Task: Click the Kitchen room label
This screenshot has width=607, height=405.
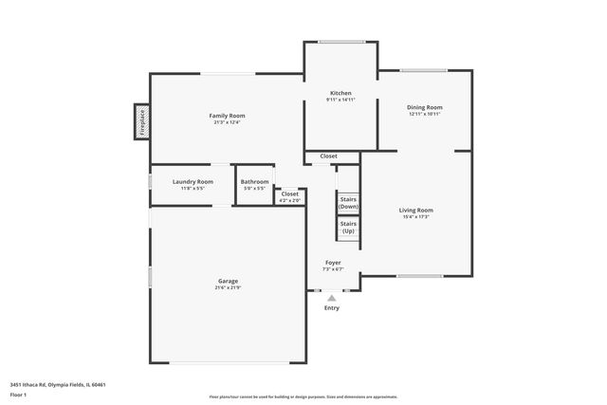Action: (x=340, y=93)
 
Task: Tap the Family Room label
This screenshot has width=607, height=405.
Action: (x=227, y=116)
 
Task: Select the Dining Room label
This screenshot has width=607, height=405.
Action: (x=425, y=107)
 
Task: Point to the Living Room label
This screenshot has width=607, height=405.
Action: (x=415, y=210)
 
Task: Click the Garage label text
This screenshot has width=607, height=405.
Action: (x=228, y=281)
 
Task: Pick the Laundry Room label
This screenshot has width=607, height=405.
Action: (x=193, y=181)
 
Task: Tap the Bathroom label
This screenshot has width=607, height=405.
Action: (x=254, y=181)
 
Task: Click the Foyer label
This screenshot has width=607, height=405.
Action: (x=333, y=262)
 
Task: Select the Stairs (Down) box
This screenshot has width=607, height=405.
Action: (x=348, y=203)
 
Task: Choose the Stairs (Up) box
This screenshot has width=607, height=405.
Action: (x=348, y=228)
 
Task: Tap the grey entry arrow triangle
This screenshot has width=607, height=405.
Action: (x=332, y=298)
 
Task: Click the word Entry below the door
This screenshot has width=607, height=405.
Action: (x=332, y=308)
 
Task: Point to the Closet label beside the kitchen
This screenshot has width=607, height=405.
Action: (x=328, y=156)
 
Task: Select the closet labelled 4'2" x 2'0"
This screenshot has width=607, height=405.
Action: (x=289, y=196)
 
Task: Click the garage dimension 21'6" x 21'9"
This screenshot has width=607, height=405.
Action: (x=228, y=287)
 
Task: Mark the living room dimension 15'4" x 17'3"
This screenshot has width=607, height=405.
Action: (x=415, y=217)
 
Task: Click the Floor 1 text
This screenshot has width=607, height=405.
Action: (x=18, y=394)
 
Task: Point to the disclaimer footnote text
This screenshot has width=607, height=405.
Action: (x=303, y=396)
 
